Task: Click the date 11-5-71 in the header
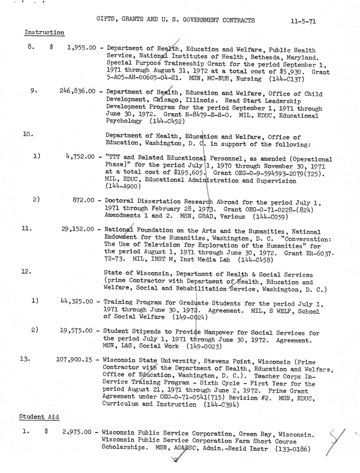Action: coord(303,22)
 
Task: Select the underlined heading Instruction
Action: coord(44,33)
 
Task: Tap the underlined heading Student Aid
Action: coord(39,417)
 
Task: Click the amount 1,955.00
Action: coord(82,48)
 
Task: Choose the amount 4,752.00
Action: coord(80,157)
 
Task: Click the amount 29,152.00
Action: coord(77,229)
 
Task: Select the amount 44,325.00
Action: coord(76,302)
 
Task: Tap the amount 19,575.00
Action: coord(76,331)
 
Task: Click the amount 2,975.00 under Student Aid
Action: coord(77,432)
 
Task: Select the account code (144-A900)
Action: coord(123,186)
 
